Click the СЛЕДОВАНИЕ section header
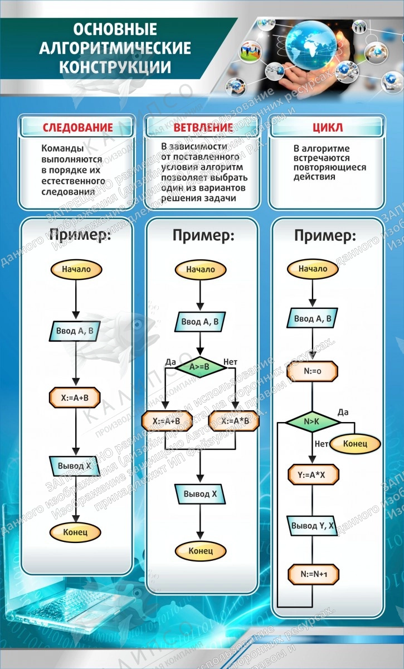pyautogui.click(x=77, y=128)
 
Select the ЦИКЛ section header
pyautogui.click(x=328, y=128)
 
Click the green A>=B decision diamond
pyautogui.click(x=199, y=366)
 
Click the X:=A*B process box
pyautogui.click(x=234, y=421)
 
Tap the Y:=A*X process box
pyautogui.click(x=313, y=474)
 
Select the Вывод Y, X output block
pyautogui.click(x=313, y=525)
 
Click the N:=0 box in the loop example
pyautogui.click(x=313, y=370)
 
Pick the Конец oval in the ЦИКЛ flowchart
pyautogui.click(x=354, y=444)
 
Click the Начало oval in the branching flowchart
pyautogui.click(x=200, y=269)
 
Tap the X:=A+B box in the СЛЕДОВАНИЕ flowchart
pyautogui.click(x=75, y=398)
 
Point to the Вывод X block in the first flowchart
pyautogui.click(x=75, y=465)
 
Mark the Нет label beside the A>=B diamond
pyautogui.click(x=230, y=362)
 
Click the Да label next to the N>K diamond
pyautogui.click(x=343, y=412)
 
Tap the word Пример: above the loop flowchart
pyautogui.click(x=325, y=236)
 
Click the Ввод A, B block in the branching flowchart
pyautogui.click(x=200, y=322)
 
